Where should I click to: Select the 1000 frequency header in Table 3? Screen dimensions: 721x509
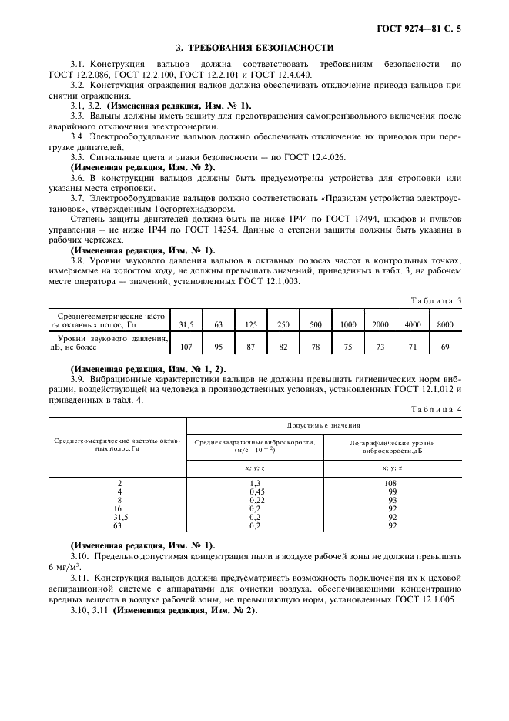tap(348, 324)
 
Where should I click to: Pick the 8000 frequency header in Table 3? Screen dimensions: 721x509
tap(445, 324)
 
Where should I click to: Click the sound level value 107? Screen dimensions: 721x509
tap(186, 347)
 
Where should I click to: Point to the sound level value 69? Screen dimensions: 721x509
tap(445, 347)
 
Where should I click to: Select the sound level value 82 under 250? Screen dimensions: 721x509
tap(283, 347)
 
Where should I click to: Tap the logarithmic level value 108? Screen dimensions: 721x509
tap(392, 482)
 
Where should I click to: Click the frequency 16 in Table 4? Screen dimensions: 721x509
tap(118, 508)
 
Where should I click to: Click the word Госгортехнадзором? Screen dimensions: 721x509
tap(172, 209)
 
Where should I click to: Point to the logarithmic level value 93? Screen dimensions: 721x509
tap(392, 499)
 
